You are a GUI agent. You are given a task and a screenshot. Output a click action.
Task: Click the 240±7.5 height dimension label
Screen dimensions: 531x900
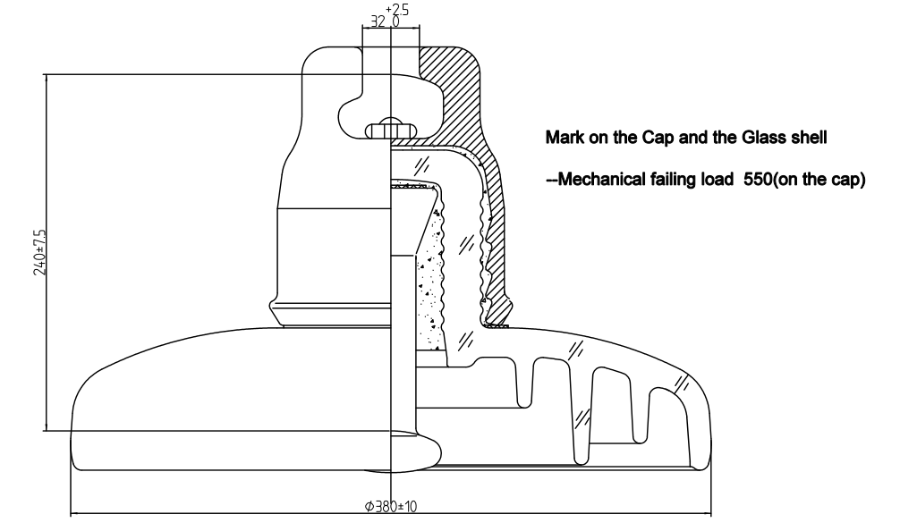(40, 252)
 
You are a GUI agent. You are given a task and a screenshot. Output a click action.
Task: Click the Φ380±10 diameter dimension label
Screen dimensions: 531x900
(391, 507)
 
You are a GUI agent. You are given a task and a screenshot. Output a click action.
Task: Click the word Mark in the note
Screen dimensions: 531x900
(561, 139)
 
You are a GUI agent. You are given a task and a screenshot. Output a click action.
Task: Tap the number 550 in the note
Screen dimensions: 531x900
(759, 180)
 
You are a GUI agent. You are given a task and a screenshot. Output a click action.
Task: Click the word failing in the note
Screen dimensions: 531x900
(668, 180)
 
